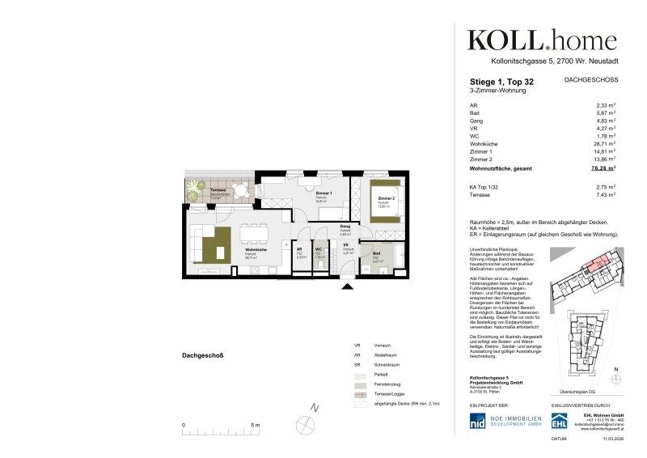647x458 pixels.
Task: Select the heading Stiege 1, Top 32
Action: (502, 82)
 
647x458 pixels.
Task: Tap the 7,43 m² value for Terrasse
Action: (603, 195)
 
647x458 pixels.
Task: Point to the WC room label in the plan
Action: (319, 250)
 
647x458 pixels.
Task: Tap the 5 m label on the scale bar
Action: (256, 425)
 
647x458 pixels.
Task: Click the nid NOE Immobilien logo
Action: (505, 422)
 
